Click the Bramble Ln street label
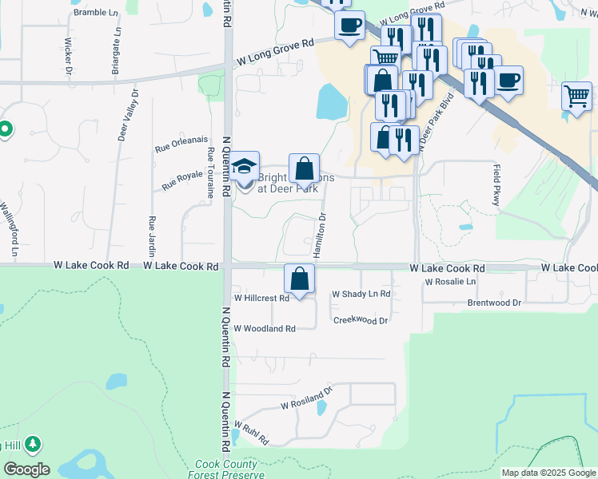point(99,13)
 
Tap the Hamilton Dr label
point(321,234)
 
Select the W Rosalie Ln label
point(450,282)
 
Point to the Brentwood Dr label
point(494,303)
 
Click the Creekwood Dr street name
point(360,320)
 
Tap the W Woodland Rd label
point(265,328)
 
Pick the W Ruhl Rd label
point(251,434)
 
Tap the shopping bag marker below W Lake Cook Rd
point(300,279)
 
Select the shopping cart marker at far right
point(576,96)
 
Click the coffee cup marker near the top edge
point(349,25)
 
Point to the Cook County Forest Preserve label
point(226,469)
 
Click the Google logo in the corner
point(26,469)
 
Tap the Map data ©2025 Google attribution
point(548,473)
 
